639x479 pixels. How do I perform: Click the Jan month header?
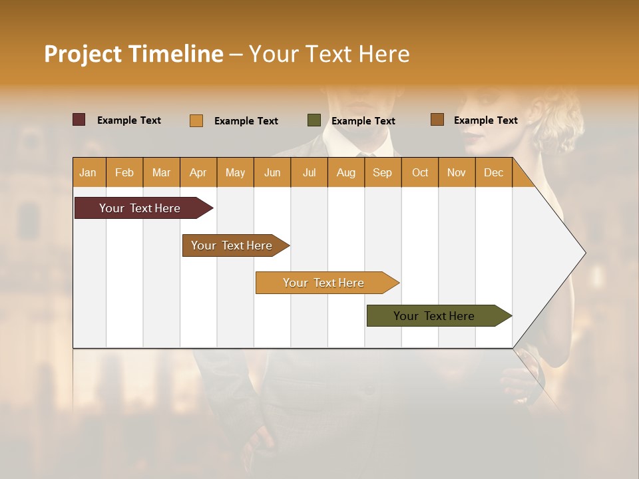[x=88, y=173]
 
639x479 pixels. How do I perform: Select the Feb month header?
[x=124, y=173]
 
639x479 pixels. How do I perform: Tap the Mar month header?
[x=161, y=173]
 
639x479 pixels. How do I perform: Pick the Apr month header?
[x=198, y=173]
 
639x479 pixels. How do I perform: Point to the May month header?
[x=235, y=173]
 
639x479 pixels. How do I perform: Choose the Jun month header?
[x=272, y=173]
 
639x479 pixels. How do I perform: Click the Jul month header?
[x=309, y=173]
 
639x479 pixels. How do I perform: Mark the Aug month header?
[x=345, y=173]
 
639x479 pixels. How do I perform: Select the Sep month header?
[x=382, y=173]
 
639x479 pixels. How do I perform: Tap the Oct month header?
[x=420, y=173]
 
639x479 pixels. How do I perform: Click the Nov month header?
[x=457, y=173]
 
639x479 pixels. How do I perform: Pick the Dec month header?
[x=493, y=173]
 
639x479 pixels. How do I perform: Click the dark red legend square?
[x=79, y=120]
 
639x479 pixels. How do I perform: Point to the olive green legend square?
[x=314, y=120]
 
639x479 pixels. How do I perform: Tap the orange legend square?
[x=196, y=120]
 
